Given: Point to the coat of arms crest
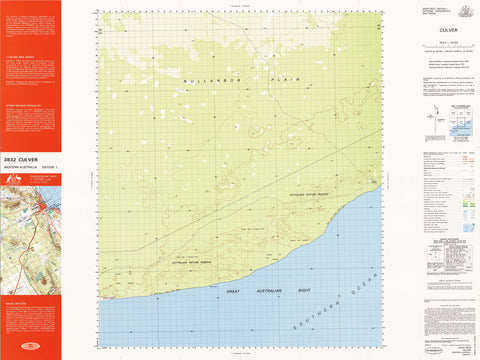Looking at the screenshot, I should (x=464, y=11).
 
